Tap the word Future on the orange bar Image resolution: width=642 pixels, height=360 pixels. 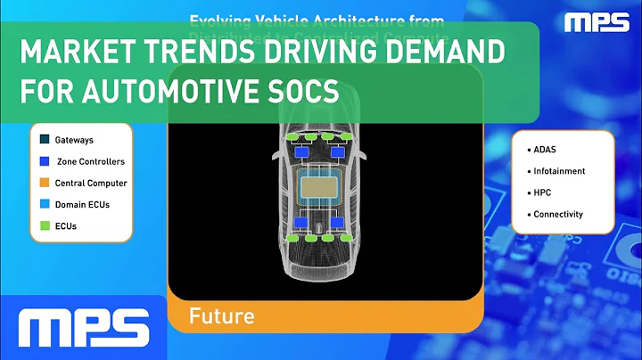pos(221,316)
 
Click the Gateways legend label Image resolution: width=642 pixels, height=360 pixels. pos(74,140)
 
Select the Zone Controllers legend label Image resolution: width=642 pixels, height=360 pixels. pos(90,161)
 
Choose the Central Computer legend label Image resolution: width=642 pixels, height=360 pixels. pos(90,183)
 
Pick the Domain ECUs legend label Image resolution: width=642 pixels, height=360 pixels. pos(81,204)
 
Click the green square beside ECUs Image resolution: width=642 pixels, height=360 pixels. pos(44,225)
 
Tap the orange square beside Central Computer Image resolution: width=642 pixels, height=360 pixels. pos(44,183)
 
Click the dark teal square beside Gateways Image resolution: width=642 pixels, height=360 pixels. pos(44,140)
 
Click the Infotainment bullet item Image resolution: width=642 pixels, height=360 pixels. pos(557,170)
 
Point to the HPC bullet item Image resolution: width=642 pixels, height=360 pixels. pos(543,192)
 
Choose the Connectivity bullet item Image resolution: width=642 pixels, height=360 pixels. pos(557,214)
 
